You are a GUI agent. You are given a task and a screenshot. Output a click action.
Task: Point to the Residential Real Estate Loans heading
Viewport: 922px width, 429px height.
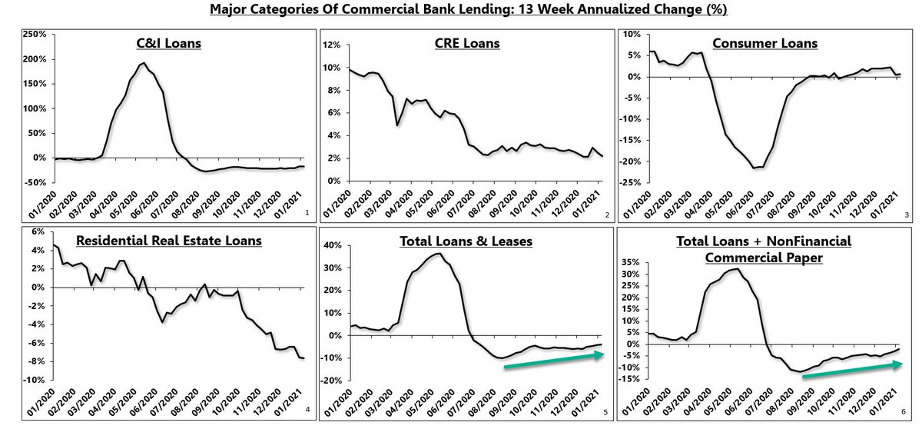pos(169,241)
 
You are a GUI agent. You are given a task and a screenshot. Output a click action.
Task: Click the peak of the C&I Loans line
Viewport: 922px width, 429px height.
pos(144,63)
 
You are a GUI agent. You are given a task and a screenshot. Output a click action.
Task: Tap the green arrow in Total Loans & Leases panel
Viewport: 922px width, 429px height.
pos(554,360)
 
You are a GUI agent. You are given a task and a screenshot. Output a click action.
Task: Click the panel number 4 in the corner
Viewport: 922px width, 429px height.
pos(307,408)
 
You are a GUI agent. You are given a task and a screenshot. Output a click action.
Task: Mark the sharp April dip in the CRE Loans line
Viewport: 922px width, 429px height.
pos(396,125)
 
